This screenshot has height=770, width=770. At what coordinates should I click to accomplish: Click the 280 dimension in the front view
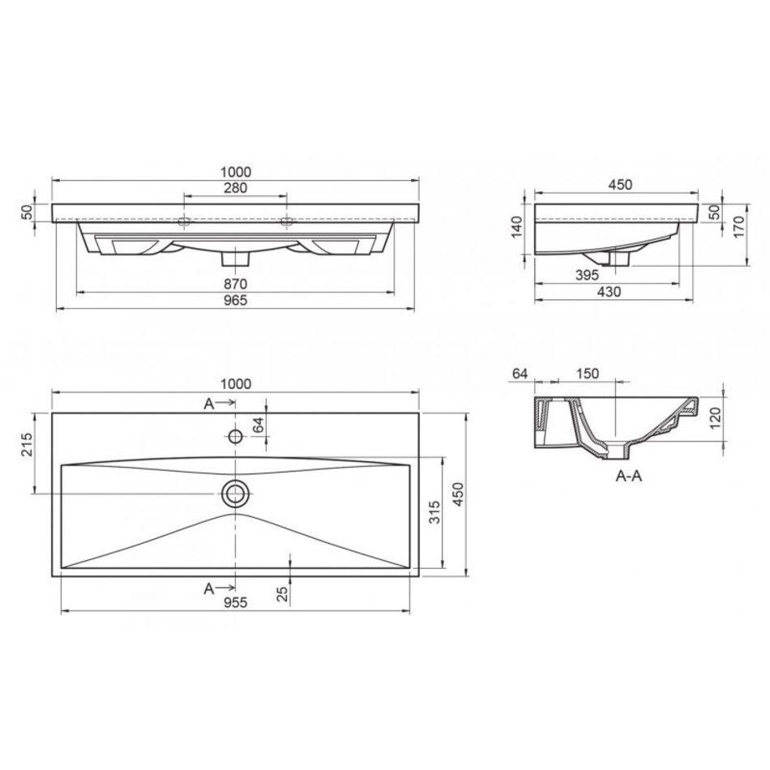pyautogui.click(x=235, y=187)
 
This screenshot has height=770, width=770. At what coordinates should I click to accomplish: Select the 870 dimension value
pyautogui.click(x=235, y=284)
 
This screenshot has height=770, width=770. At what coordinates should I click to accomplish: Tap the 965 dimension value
pyautogui.click(x=235, y=300)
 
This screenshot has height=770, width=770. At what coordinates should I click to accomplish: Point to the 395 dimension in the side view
pyautogui.click(x=587, y=275)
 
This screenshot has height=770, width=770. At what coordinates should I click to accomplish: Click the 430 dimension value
pyautogui.click(x=609, y=292)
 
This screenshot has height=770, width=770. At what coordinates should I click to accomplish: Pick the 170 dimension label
pyautogui.click(x=738, y=227)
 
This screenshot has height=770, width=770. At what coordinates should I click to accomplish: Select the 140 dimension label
pyautogui.click(x=517, y=227)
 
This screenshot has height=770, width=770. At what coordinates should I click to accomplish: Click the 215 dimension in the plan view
pyautogui.click(x=27, y=444)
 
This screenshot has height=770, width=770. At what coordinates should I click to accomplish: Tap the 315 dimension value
pyautogui.click(x=434, y=512)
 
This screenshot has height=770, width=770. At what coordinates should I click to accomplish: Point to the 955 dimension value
pyautogui.click(x=235, y=602)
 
